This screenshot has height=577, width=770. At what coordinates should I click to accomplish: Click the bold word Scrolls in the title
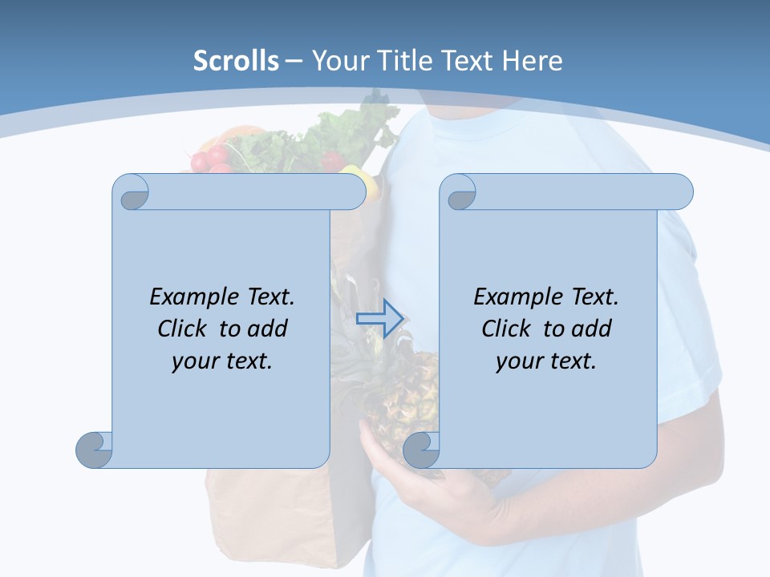pyautogui.click(x=236, y=61)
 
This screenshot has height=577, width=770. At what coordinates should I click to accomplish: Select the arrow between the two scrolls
pyautogui.click(x=379, y=319)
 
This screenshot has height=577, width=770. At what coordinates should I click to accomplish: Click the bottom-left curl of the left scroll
pyautogui.click(x=94, y=449)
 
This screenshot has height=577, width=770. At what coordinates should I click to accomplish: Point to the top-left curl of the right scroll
pyautogui.click(x=460, y=192)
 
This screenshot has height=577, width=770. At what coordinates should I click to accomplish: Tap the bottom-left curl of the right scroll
pyautogui.click(x=420, y=449)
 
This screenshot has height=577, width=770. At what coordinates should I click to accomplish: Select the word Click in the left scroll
pyautogui.click(x=184, y=329)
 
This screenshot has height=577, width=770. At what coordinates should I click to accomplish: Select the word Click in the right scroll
pyautogui.click(x=507, y=329)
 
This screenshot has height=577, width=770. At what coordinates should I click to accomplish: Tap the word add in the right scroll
pyautogui.click(x=592, y=329)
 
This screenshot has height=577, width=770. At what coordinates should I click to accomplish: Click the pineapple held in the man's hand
pyautogui.click(x=401, y=393)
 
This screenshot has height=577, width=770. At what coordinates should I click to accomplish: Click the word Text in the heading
pyautogui.click(x=468, y=61)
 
